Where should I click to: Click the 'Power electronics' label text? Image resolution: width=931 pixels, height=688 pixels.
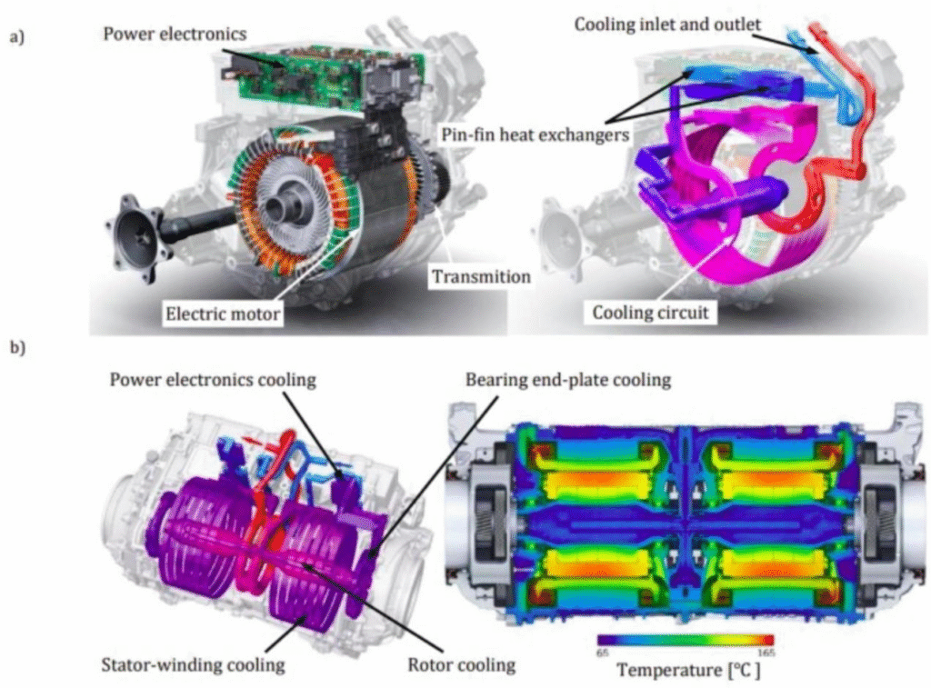click(175, 34)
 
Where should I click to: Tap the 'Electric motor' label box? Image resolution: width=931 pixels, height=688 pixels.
click(223, 314)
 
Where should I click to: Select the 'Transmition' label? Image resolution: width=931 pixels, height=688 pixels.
click(481, 276)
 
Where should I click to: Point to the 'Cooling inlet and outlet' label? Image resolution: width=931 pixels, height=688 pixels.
click(667, 25)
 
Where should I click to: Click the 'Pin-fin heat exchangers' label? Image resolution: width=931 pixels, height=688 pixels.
click(535, 135)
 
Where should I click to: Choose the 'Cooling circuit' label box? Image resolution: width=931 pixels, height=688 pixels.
click(650, 313)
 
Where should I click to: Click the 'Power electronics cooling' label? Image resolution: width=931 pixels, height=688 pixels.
click(213, 379)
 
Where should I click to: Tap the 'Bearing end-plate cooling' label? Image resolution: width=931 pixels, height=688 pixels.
click(568, 379)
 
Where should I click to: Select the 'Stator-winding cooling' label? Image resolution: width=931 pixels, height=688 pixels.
click(193, 664)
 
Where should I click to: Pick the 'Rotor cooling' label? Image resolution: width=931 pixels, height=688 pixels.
click(461, 664)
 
